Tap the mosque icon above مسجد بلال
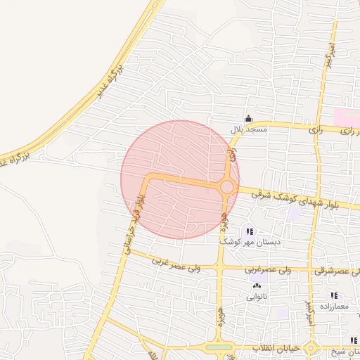tap(247, 118)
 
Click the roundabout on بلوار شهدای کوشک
tap(226, 187)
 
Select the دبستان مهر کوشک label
tap(250, 241)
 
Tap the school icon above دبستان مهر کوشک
tap(249, 231)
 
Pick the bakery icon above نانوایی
tap(256, 285)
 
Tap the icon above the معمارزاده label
tap(335, 296)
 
